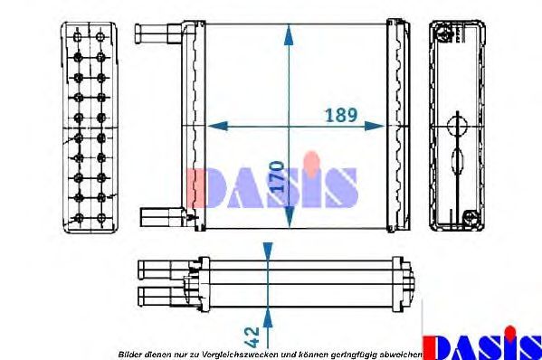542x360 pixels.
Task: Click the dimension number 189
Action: [x=341, y=115]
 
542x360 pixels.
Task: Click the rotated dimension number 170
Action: [x=277, y=176]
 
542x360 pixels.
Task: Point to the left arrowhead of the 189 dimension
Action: [x=218, y=126]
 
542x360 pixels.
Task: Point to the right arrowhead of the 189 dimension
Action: [x=375, y=126]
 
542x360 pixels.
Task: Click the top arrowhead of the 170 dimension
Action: [x=289, y=34]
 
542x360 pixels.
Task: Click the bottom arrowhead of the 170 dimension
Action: [x=289, y=218]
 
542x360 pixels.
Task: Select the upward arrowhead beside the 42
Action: [x=268, y=317]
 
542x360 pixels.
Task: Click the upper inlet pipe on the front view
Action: [x=158, y=33]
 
